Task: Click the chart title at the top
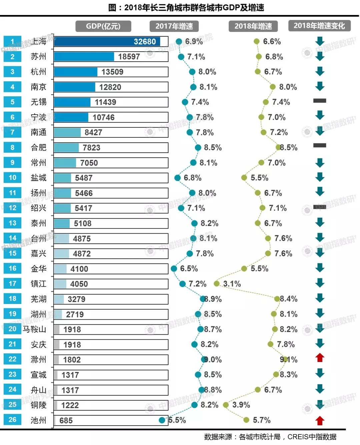click(186, 7)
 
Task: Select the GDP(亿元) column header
click(103, 26)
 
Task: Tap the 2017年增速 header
click(174, 26)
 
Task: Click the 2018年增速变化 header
click(319, 26)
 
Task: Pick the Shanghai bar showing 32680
click(107, 42)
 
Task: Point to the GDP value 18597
click(129, 57)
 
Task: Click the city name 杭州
click(38, 72)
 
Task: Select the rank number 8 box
click(12, 147)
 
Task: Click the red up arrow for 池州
click(320, 420)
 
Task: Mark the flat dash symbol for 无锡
click(320, 101)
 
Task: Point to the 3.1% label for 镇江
click(232, 284)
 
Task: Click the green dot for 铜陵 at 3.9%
click(226, 405)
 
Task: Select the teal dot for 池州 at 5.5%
click(162, 420)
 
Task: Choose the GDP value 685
click(66, 421)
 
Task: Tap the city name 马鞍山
click(34, 329)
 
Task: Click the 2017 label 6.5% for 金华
click(189, 269)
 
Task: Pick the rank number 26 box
click(12, 420)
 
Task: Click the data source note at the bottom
click(270, 437)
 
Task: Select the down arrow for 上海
click(320, 41)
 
